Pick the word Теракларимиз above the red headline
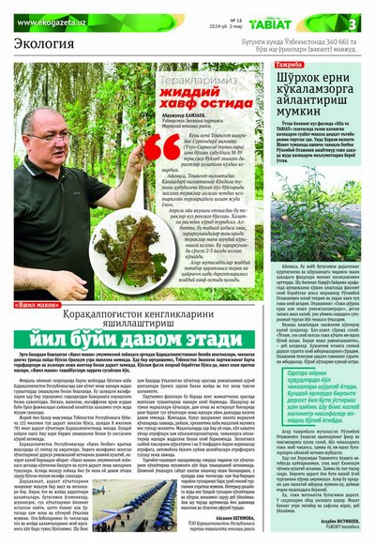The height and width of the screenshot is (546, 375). coord(202,82)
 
